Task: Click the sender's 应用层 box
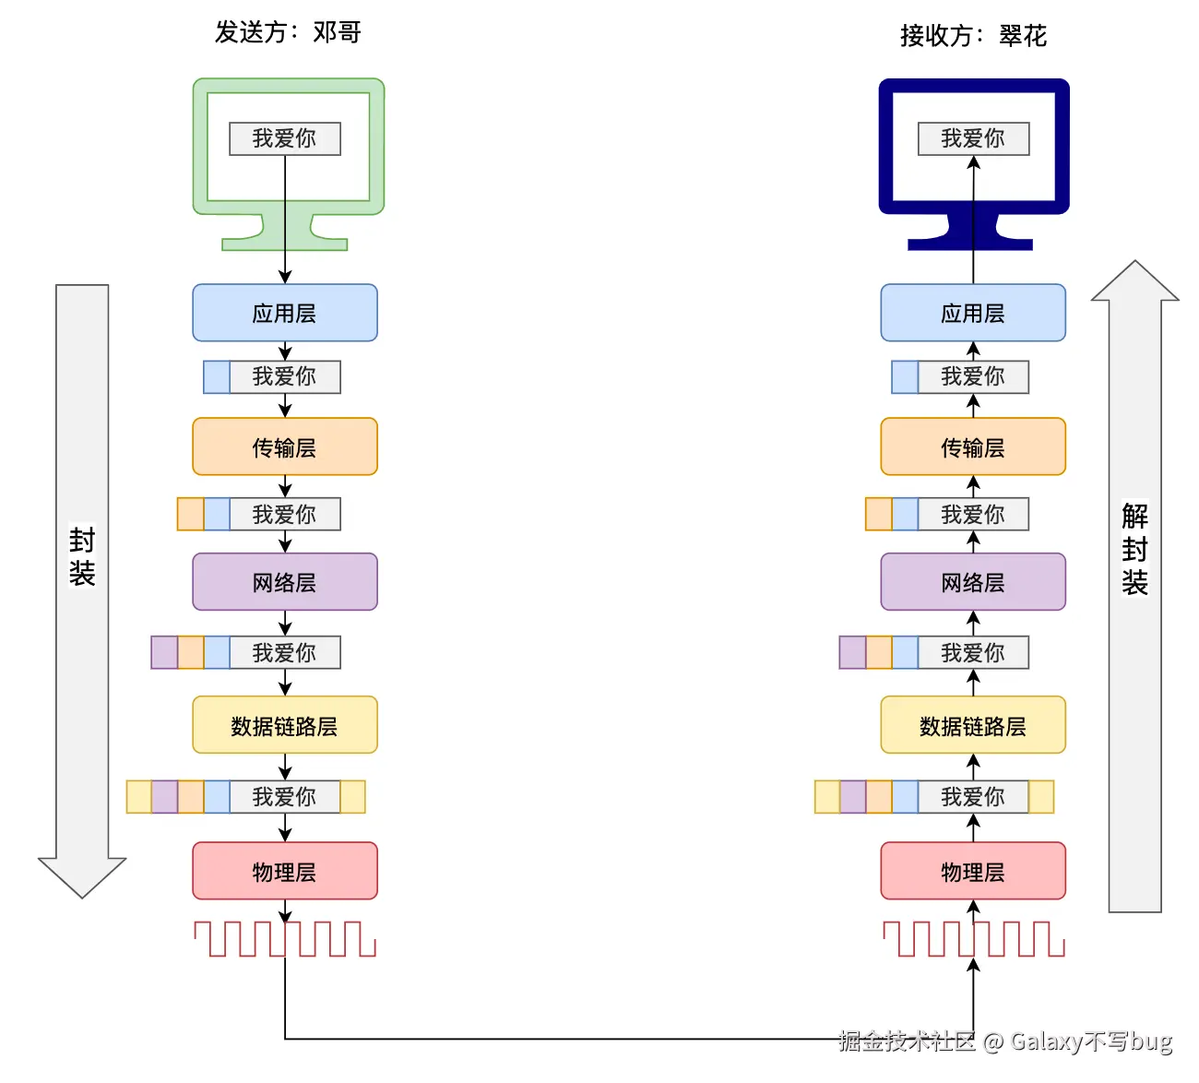[x=284, y=313]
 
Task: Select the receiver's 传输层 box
[x=972, y=446]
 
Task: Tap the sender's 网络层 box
[x=284, y=582]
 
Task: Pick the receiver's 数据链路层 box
[x=972, y=725]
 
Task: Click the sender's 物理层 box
[x=284, y=871]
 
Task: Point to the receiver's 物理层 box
[x=972, y=871]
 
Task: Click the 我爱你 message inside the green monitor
[x=284, y=138]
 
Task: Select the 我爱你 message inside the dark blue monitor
[x=973, y=138]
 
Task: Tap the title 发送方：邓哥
[x=288, y=32]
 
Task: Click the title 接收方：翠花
[x=973, y=36]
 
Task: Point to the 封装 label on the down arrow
[x=82, y=557]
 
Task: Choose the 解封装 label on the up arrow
[x=1134, y=549]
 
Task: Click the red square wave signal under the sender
[x=284, y=939]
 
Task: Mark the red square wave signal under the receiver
[x=974, y=939]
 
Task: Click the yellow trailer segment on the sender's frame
[x=352, y=796]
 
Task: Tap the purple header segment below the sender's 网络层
[x=164, y=652]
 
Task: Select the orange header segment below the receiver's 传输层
[x=879, y=515]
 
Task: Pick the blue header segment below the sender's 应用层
[x=217, y=376]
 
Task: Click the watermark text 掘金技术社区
[x=907, y=1041]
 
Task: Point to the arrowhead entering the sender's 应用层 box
[x=284, y=277]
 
